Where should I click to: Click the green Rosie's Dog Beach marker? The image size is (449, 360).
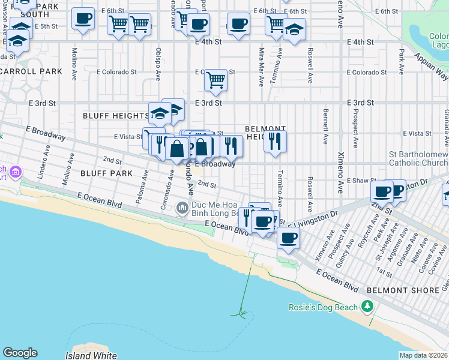[x=367, y=308]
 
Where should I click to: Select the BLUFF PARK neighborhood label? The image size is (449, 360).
[x=100, y=173]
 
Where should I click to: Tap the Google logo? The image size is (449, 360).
[x=20, y=353]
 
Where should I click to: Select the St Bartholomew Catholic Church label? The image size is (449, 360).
[x=418, y=158]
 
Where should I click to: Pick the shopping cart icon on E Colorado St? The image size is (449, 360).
[x=215, y=80]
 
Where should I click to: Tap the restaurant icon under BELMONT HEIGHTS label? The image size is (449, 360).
[x=275, y=142]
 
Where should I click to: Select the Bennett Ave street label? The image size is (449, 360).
[x=325, y=126]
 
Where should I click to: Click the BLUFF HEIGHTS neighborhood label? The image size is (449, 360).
[x=115, y=116]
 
